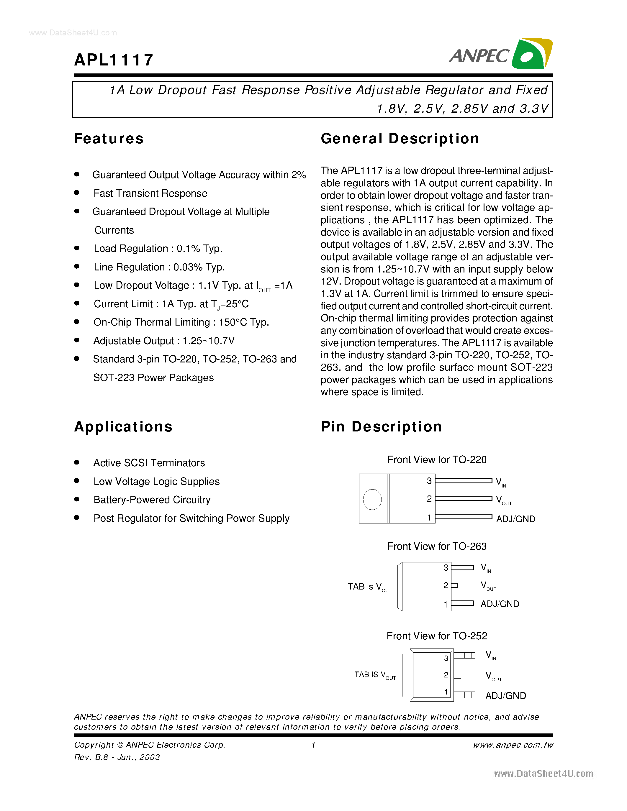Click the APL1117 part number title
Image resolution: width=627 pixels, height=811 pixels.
click(114, 60)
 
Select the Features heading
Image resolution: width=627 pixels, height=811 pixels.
click(109, 139)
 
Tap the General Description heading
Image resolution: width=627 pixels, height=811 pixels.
click(400, 139)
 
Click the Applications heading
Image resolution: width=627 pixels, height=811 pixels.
click(123, 427)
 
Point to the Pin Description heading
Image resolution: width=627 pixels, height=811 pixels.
click(382, 427)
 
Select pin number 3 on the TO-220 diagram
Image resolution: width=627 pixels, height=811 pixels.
click(429, 481)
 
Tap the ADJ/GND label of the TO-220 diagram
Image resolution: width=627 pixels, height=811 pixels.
click(515, 519)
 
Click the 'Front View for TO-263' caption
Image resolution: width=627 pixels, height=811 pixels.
click(437, 546)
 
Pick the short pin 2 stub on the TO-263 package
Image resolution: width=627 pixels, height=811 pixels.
click(454, 586)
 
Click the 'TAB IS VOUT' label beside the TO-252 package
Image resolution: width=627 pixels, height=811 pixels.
click(375, 675)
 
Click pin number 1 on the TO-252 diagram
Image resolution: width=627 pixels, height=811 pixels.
click(446, 692)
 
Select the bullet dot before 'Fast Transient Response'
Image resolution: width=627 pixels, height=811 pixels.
click(77, 192)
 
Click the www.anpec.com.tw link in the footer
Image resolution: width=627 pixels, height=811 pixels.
click(513, 745)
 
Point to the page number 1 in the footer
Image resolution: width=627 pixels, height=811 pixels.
click(313, 745)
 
